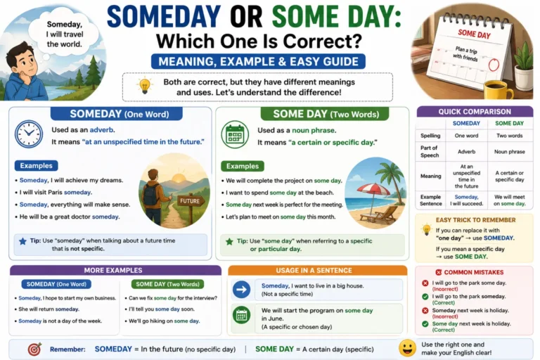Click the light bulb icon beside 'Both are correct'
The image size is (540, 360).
pyautogui.click(x=145, y=86)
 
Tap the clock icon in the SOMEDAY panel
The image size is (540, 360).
pyautogui.click(x=29, y=134)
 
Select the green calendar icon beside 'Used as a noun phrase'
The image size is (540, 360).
pyautogui.click(x=235, y=135)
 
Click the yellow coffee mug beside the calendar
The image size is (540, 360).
pyautogui.click(x=497, y=90)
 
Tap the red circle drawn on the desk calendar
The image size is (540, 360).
pyautogui.click(x=494, y=65)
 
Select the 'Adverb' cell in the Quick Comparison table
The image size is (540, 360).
pyautogui.click(x=466, y=152)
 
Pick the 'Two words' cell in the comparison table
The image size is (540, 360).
pyautogui.click(x=509, y=136)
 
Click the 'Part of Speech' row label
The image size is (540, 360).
pyautogui.click(x=429, y=152)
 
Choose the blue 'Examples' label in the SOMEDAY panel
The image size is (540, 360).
pyautogui.click(x=36, y=166)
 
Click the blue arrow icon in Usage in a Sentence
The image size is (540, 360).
pyautogui.click(x=241, y=290)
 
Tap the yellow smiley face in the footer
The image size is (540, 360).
pyautogui.click(x=407, y=348)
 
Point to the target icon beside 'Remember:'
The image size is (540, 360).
pyautogui.click(x=34, y=349)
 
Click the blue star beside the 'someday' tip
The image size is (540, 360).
pyautogui.click(x=22, y=241)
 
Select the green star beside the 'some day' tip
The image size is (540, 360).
pyautogui.click(x=229, y=241)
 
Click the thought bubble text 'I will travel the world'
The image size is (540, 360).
pyautogui.click(x=65, y=39)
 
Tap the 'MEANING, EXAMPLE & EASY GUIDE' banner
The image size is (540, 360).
pyautogui.click(x=258, y=62)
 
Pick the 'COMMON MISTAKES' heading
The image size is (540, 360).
pyautogui.click(x=473, y=272)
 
